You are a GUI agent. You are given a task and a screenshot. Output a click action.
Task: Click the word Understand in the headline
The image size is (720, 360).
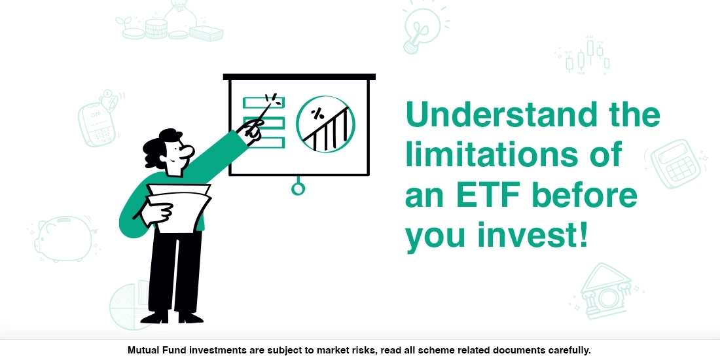click(x=501, y=116)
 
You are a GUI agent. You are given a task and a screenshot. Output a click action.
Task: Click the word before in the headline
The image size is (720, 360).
click(x=585, y=196)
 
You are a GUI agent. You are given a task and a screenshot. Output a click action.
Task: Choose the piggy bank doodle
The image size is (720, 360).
click(x=64, y=240)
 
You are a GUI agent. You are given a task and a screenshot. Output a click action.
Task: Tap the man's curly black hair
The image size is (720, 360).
click(x=160, y=145)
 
